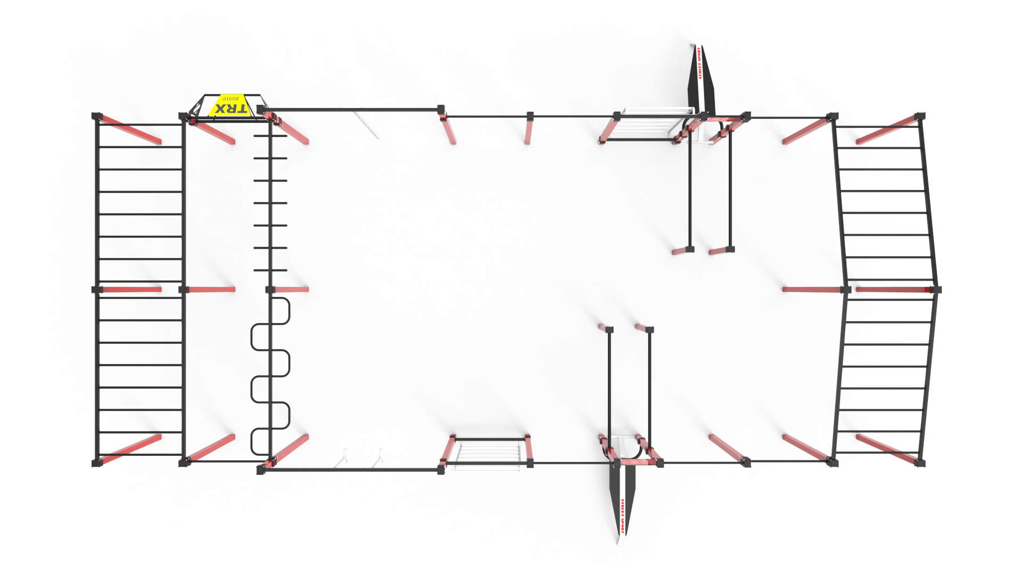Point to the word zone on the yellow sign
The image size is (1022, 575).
point(230,99)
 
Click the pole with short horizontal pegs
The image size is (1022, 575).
point(270,202)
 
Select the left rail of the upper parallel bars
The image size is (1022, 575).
point(690,186)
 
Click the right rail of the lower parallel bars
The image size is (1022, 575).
point(650,383)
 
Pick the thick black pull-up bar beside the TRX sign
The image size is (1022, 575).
point(351,110)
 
